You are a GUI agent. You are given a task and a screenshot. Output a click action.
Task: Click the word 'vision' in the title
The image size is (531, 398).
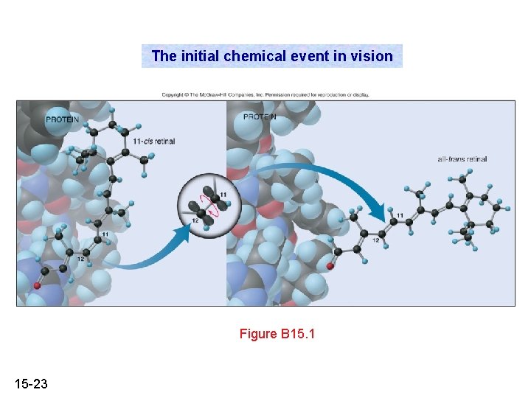tap(372, 56)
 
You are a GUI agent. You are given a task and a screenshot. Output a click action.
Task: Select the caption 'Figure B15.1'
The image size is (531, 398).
tap(277, 334)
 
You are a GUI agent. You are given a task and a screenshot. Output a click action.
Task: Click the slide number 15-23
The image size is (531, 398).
tap(31, 383)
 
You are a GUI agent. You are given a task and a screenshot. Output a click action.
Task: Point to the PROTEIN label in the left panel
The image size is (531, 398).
tap(62, 119)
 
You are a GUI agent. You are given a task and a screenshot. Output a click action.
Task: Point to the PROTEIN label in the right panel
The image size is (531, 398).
tap(260, 117)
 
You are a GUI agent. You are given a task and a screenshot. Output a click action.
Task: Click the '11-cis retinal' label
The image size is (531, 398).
tap(154, 141)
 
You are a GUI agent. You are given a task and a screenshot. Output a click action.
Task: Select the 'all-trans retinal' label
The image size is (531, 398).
tap(462, 158)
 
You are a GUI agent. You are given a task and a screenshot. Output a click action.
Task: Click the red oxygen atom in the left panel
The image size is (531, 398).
tap(35, 285)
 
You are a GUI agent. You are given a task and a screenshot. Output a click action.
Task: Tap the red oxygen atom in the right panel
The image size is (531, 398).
tap(330, 266)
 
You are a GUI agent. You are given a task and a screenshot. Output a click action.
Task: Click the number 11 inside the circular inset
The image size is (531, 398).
tap(223, 194)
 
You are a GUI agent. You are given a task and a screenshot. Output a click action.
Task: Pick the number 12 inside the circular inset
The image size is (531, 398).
tap(195, 220)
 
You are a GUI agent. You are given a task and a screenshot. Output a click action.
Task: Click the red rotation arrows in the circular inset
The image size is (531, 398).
tap(212, 210)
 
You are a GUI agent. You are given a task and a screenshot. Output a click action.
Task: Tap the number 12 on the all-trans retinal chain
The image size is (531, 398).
tap(375, 240)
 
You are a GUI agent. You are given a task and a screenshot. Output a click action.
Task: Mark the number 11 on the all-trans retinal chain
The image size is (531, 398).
tap(399, 216)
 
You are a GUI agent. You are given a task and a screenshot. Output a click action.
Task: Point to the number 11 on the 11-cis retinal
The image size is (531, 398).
tap(105, 234)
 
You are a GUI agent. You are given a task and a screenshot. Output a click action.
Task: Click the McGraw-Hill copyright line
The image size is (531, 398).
tap(265, 94)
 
